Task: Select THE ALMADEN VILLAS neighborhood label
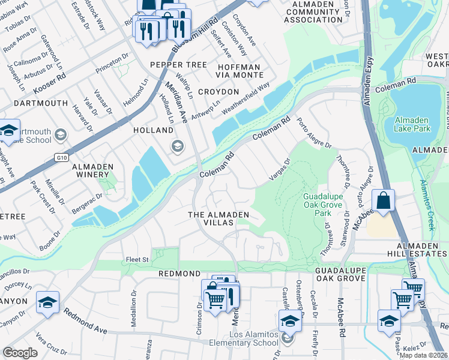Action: coord(218,220)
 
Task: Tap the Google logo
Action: coord(20,352)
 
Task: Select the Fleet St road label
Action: coord(136,260)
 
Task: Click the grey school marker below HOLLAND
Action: coord(177,145)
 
